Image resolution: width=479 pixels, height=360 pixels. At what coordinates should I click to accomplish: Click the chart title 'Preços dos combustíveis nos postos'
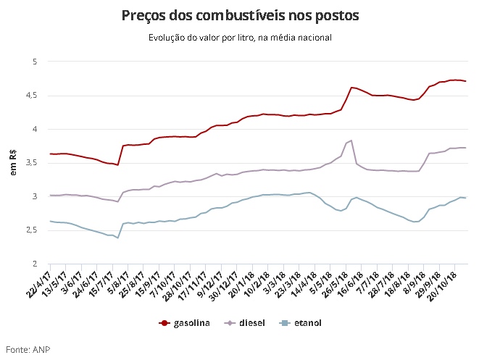(239, 15)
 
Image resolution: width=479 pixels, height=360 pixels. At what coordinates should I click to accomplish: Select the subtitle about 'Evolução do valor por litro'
(239, 38)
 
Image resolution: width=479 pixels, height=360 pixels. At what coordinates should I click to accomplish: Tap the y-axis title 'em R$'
(12, 163)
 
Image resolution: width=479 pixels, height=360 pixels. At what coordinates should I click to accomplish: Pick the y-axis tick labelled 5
(33, 62)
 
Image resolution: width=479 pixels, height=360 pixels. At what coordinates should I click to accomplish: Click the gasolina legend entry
(185, 322)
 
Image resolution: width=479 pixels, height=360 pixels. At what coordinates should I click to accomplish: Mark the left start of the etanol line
(49, 221)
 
